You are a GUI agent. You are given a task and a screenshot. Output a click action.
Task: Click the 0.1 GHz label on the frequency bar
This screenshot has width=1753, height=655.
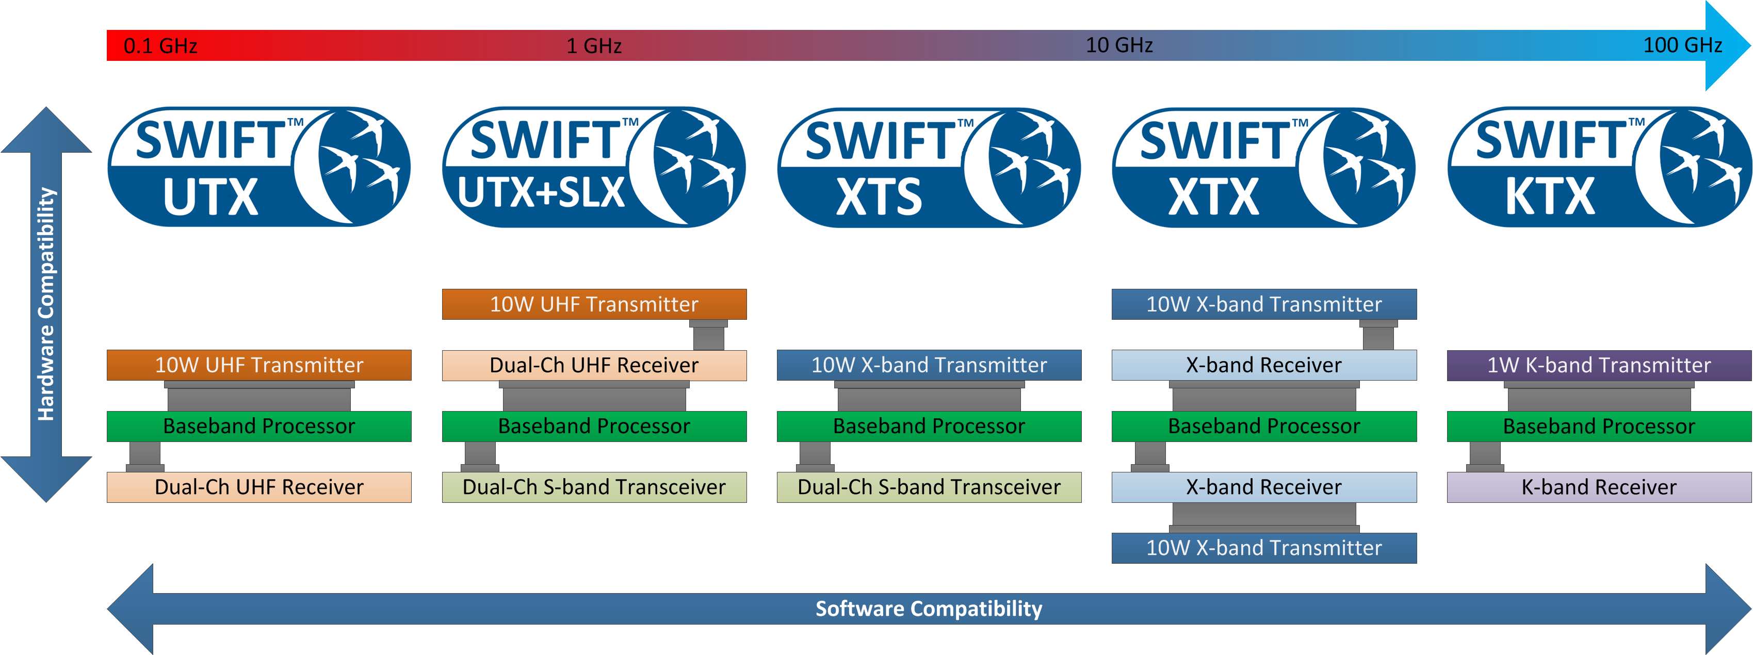click(160, 45)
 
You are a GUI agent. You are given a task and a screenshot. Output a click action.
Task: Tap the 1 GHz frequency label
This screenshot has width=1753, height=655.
click(594, 45)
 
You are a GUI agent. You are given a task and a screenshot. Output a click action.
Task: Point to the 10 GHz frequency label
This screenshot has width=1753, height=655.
click(1119, 45)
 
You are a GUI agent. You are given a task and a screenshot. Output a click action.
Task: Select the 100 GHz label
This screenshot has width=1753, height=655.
click(1682, 45)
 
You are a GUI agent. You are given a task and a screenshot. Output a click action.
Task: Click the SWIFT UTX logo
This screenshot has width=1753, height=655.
click(258, 167)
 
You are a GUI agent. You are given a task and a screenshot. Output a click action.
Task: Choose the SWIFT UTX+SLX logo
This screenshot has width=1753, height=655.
click(594, 167)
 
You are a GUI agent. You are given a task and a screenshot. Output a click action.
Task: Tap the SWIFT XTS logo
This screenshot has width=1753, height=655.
click(929, 167)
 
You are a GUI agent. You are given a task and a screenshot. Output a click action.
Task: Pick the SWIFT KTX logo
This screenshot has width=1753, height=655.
click(1599, 167)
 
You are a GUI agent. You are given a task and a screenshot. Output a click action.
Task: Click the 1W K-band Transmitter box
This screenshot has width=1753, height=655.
click(1599, 365)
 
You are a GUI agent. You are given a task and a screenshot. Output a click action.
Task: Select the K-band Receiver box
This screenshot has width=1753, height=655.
click(1599, 487)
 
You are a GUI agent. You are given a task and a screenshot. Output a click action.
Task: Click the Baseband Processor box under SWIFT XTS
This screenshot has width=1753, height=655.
click(929, 427)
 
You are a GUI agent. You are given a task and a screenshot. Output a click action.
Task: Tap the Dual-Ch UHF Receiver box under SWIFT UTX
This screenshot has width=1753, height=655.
click(258, 487)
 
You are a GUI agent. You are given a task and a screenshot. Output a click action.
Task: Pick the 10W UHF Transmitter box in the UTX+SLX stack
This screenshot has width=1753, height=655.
click(594, 304)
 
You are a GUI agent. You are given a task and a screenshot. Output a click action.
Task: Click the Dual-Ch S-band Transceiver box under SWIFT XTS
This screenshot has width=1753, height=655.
click(929, 487)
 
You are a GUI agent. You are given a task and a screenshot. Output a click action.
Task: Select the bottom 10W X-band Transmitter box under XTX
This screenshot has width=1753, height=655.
click(1264, 548)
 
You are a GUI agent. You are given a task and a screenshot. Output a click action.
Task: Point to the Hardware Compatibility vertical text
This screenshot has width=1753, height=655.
click(45, 304)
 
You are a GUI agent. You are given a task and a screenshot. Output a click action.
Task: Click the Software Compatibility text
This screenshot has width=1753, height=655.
click(929, 608)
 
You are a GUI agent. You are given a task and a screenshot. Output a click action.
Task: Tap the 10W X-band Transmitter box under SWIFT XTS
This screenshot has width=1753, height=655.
click(929, 365)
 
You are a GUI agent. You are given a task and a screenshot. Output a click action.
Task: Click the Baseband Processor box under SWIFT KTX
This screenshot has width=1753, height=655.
click(1599, 427)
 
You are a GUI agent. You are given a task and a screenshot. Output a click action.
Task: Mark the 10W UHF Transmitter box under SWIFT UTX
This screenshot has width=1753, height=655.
click(258, 365)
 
